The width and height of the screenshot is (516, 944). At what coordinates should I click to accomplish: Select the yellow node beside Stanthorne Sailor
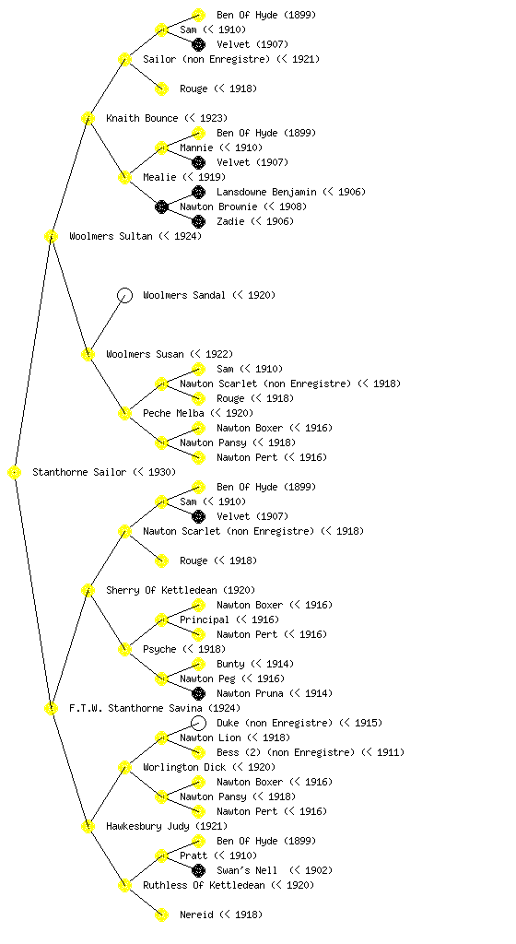15,473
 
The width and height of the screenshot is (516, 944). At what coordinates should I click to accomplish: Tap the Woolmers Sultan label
111,237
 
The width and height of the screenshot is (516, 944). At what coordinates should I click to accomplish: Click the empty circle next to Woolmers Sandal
124,296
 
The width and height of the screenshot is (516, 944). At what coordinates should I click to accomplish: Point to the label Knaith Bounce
142,119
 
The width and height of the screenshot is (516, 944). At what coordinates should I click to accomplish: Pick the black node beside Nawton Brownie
161,207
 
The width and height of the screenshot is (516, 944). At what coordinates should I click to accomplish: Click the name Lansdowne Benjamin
266,192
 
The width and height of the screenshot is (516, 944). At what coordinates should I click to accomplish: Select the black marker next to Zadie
198,221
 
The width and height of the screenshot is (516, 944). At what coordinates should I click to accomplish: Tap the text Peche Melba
173,414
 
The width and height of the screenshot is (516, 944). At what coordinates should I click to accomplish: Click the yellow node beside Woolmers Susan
88,355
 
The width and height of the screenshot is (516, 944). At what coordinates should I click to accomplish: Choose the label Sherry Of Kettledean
162,591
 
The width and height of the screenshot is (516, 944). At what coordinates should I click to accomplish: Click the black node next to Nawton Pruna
198,693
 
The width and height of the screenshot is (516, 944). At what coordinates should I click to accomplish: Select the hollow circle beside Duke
198,723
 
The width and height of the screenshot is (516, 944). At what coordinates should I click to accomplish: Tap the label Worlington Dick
184,768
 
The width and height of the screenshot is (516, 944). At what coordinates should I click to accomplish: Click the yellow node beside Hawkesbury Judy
88,827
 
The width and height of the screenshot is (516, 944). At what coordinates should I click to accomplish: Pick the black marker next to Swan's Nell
198,870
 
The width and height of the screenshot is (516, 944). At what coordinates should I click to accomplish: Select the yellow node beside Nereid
161,915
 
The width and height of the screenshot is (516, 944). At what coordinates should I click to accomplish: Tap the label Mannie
196,148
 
